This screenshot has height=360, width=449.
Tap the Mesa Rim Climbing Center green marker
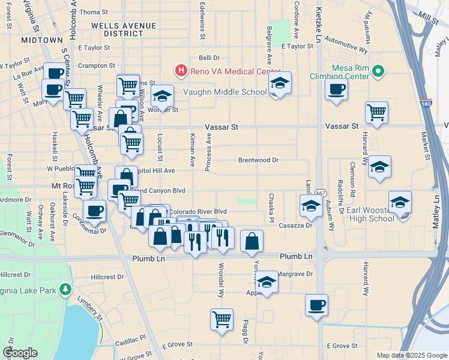point(377,72)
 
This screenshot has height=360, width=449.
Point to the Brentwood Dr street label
point(259,160)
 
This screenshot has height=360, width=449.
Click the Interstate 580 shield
point(426,103)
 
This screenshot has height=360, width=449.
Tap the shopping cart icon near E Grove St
point(221,319)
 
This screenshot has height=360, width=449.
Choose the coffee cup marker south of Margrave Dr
point(316,305)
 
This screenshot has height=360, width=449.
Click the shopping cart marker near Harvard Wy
point(376,112)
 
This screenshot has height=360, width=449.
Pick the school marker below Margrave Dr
point(267,282)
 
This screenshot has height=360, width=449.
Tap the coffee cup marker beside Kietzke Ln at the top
point(336,90)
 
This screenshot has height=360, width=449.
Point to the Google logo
point(20,353)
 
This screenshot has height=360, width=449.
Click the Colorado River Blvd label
point(197,212)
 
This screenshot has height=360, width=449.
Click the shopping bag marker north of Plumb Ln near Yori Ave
point(252,241)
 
